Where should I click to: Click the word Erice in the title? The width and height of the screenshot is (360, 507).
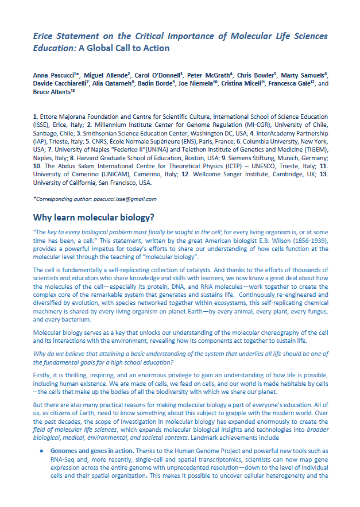(x=44, y=36)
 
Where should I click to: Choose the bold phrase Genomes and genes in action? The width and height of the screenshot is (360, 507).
(x=91, y=452)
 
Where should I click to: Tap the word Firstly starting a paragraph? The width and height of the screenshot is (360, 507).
(x=43, y=374)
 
